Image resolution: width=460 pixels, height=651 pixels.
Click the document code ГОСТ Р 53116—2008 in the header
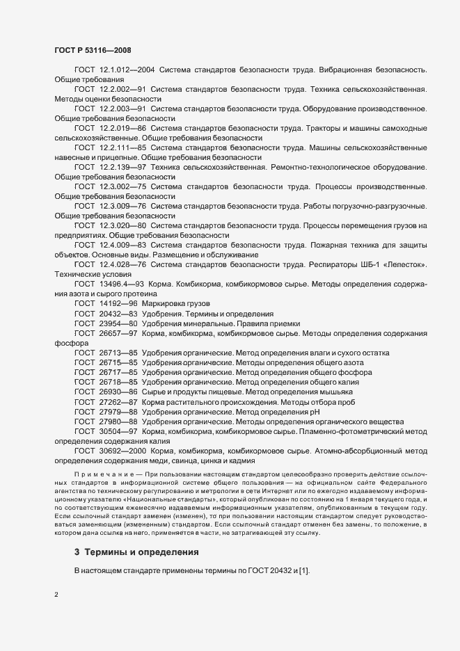tap(92, 50)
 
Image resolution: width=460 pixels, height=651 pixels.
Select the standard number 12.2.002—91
tap(122, 90)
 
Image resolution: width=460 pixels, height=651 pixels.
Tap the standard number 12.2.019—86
tap(122, 129)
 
